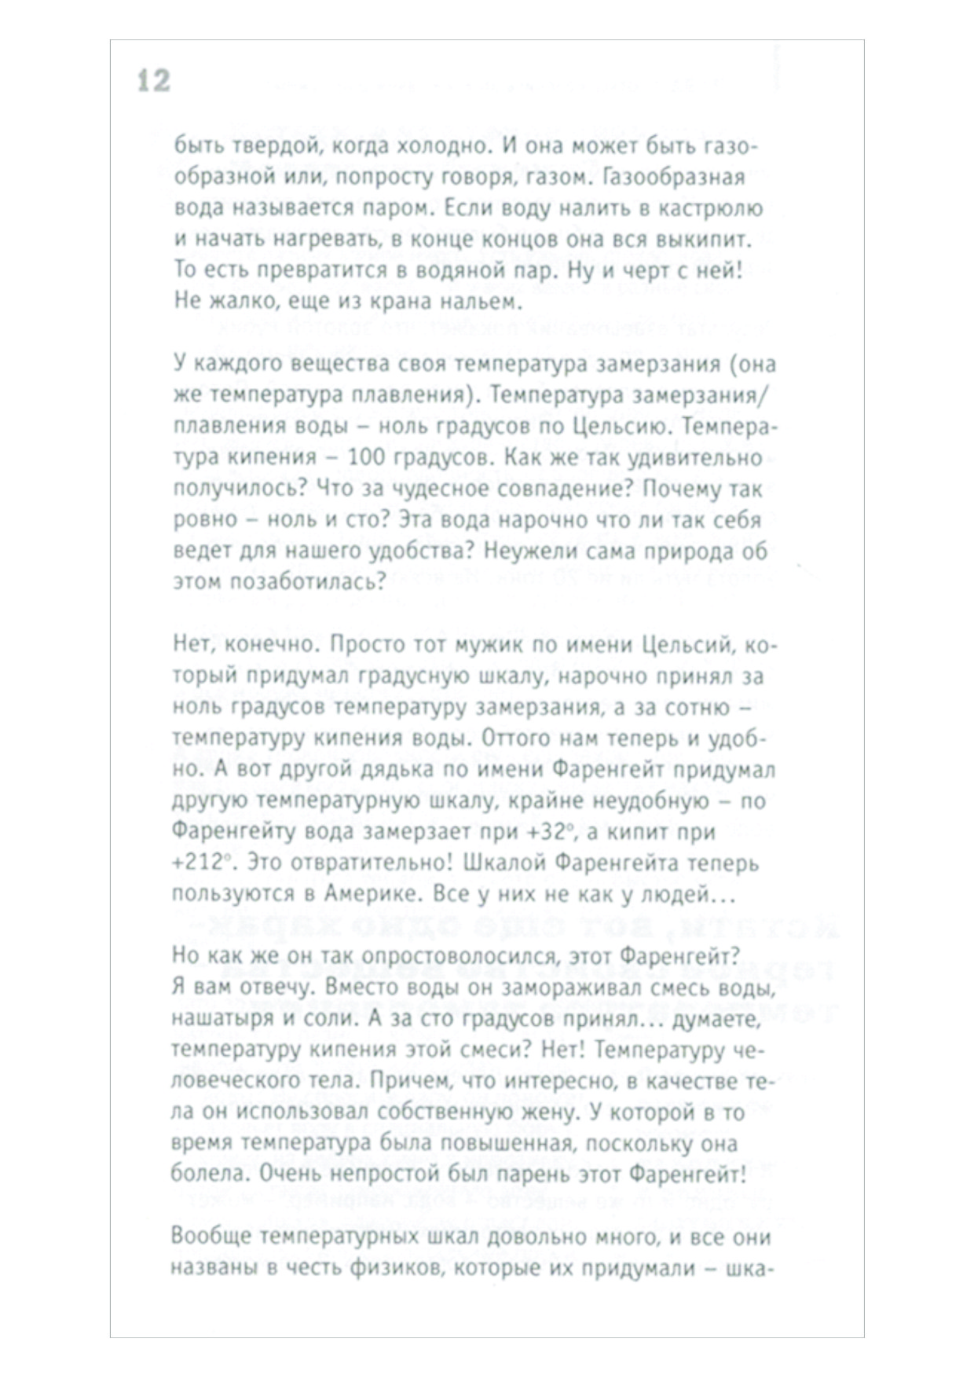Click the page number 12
[x=154, y=81]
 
